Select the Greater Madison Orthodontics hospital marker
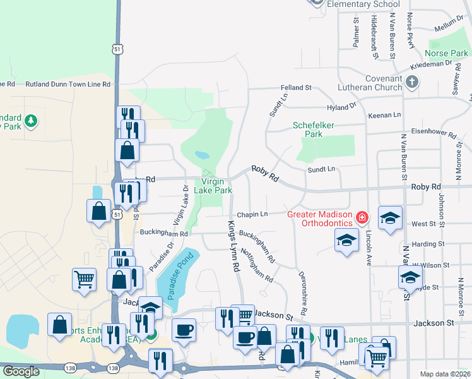362,219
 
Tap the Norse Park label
447,54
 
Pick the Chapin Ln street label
252,214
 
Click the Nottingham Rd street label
257,268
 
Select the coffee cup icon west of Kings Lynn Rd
184,329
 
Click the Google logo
21,371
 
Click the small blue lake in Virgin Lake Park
202,155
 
